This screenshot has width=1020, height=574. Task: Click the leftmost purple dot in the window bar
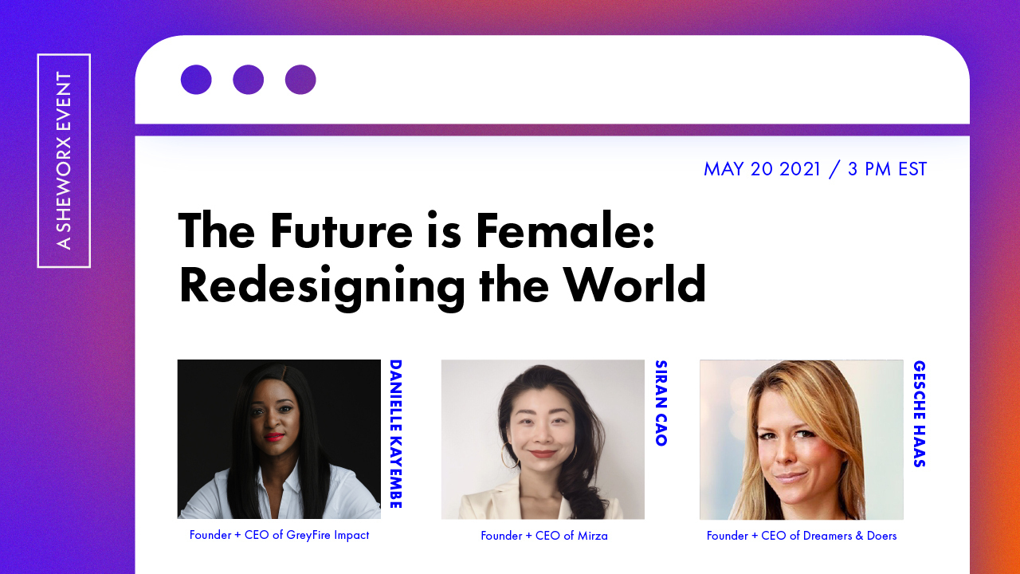(x=196, y=80)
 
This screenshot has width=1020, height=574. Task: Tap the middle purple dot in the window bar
(x=248, y=80)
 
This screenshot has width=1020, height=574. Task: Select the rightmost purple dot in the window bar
(x=300, y=80)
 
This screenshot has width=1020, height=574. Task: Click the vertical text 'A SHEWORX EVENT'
(x=64, y=160)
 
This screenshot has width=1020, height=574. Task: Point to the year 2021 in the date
(x=799, y=169)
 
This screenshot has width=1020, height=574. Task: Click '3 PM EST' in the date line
(x=887, y=169)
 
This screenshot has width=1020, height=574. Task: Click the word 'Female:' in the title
(x=565, y=230)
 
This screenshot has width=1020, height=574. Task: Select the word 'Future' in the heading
(x=342, y=230)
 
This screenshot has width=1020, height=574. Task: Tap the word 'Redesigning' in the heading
(x=322, y=286)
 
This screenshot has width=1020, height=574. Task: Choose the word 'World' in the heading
(x=635, y=285)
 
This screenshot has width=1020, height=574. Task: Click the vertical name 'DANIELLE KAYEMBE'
(x=396, y=434)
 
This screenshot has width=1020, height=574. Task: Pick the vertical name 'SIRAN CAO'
(x=661, y=403)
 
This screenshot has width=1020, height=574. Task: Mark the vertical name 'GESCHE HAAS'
(x=920, y=414)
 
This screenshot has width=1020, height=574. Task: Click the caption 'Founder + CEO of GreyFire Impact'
(x=279, y=535)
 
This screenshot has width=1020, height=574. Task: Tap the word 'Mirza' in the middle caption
(x=592, y=536)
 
